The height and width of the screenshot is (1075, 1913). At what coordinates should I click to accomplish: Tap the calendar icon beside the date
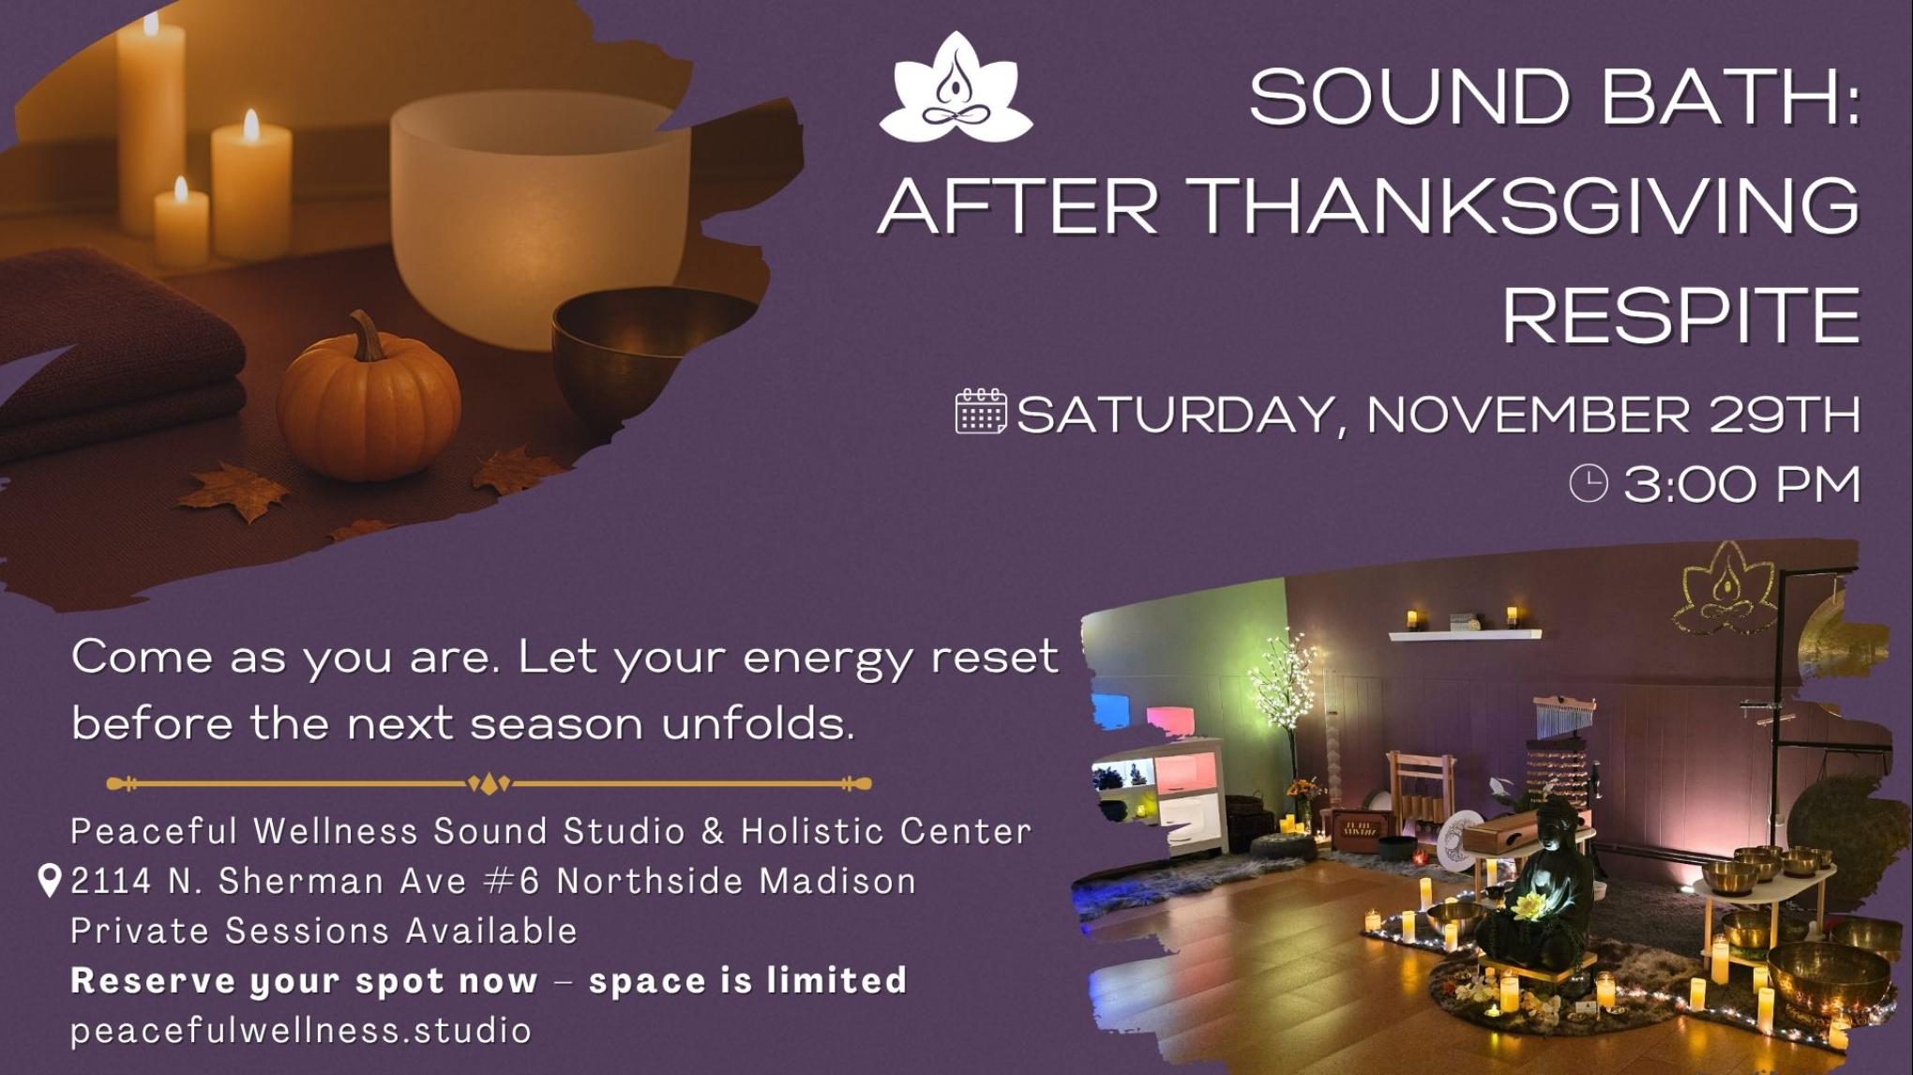(x=980, y=412)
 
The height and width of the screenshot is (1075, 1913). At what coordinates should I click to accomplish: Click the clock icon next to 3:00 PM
(x=1589, y=484)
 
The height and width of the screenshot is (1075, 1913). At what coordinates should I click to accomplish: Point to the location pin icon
(x=50, y=881)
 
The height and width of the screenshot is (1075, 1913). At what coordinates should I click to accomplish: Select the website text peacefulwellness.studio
(x=301, y=1030)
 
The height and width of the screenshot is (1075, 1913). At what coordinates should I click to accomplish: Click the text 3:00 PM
(x=1741, y=485)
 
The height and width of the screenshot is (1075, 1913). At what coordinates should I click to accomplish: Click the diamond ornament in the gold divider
(x=489, y=783)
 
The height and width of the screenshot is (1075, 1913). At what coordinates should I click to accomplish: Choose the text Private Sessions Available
(x=324, y=931)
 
